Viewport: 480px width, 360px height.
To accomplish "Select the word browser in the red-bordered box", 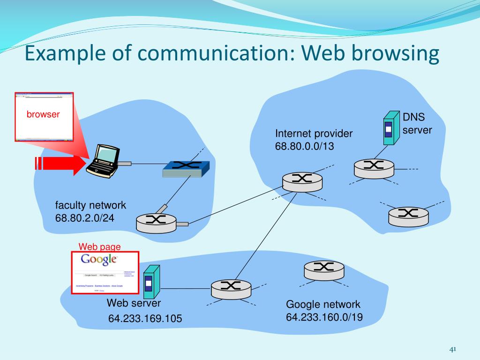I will tap(43, 114).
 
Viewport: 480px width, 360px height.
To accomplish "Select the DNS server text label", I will tap(417, 123).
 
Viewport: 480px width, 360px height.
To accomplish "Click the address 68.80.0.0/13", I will tap(305, 146).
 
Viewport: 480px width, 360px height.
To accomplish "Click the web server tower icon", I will tap(150, 283).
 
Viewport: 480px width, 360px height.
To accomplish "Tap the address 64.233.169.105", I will tap(145, 319).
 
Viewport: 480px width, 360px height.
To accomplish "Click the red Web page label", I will tap(99, 247).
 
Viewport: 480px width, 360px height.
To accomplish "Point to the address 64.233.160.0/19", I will tap(324, 317).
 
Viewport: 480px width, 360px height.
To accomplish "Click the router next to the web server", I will tap(230, 289).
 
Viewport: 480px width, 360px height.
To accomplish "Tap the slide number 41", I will tap(452, 349).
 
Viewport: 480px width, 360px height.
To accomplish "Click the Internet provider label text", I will tap(314, 134).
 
